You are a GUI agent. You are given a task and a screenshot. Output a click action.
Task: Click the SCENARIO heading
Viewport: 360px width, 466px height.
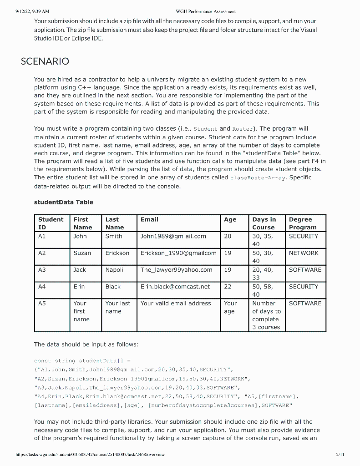(x=45, y=61)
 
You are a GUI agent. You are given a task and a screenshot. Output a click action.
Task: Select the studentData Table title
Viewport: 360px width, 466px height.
(x=63, y=202)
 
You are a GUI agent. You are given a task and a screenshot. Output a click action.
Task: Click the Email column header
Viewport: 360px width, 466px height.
(x=149, y=219)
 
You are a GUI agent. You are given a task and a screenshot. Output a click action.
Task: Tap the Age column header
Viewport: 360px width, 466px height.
(x=230, y=219)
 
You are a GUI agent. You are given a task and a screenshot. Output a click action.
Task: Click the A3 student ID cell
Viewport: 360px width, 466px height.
(x=42, y=270)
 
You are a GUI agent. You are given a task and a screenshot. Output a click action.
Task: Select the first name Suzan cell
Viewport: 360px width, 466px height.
(x=82, y=253)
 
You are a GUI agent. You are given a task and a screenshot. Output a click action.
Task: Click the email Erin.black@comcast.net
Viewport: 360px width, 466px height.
(x=175, y=287)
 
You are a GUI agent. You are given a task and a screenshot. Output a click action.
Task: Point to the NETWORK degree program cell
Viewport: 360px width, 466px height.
(x=304, y=253)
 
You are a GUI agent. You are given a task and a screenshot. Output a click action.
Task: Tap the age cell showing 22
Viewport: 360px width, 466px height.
(x=228, y=287)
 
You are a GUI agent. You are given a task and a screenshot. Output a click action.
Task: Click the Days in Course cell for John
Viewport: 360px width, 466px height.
(x=263, y=240)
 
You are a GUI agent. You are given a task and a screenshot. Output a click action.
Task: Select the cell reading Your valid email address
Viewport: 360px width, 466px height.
(x=176, y=304)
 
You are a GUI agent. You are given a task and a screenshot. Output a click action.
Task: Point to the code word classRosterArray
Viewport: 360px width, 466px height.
(x=258, y=177)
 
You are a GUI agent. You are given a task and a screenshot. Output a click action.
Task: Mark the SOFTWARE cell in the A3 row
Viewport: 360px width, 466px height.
(x=305, y=270)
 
